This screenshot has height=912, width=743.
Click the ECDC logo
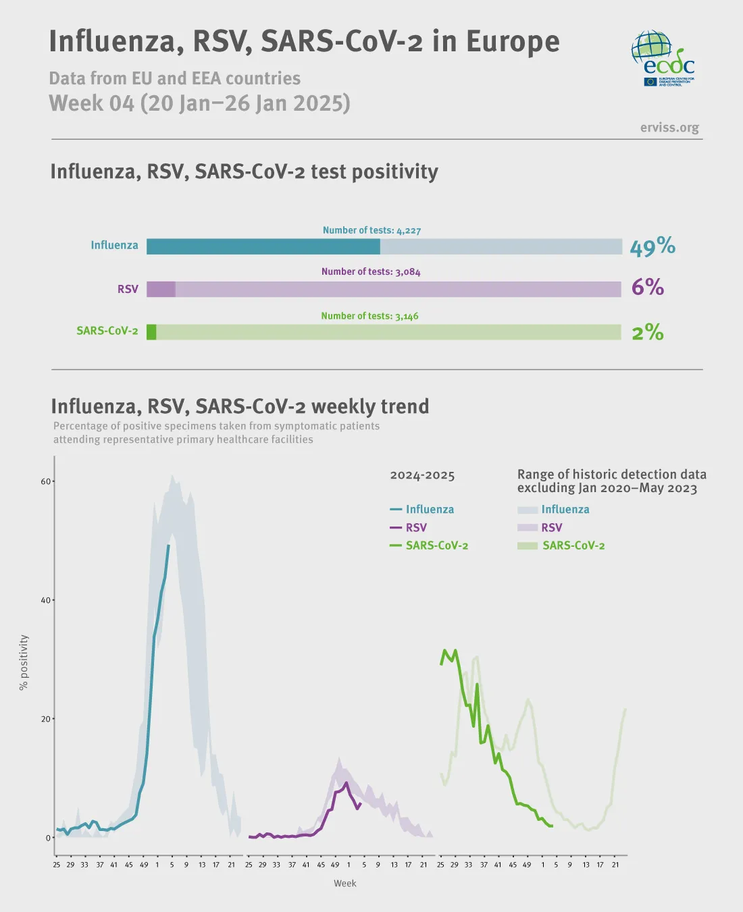click(x=663, y=57)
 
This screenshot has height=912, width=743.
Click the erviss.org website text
click(x=669, y=128)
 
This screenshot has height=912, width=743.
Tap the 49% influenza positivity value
click(x=652, y=246)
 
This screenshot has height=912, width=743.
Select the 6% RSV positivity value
click(x=647, y=288)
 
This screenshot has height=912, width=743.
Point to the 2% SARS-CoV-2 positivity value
click(x=647, y=332)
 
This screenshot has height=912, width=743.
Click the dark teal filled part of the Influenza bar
click(x=263, y=246)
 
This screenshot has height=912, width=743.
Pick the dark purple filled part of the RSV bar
click(x=161, y=289)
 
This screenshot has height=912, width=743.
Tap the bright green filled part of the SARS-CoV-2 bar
click(x=151, y=332)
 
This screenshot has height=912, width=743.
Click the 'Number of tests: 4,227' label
click(x=371, y=230)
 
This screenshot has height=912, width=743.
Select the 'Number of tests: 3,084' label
click(x=371, y=271)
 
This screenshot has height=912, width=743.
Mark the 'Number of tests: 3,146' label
click(x=369, y=316)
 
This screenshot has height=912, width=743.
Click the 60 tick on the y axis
click(x=46, y=481)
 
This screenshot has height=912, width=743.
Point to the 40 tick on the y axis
click(x=46, y=600)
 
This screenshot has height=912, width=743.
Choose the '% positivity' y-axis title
click(x=24, y=662)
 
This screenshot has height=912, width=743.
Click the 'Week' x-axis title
click(x=344, y=883)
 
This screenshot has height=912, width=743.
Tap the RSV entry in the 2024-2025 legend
click(x=415, y=527)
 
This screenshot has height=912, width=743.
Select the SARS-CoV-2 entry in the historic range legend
click(x=573, y=545)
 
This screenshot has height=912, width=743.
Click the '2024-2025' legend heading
click(x=422, y=475)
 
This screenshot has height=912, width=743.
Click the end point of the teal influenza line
click(x=168, y=545)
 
